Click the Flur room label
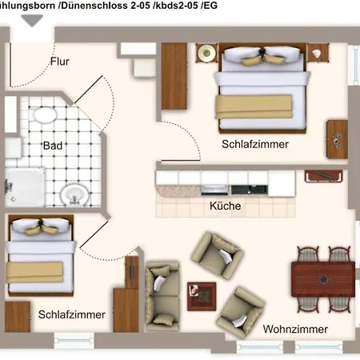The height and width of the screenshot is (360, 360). pyautogui.click(x=60, y=62)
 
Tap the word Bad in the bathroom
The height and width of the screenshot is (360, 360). pyautogui.click(x=53, y=146)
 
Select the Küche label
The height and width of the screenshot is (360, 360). pyautogui.click(x=226, y=206)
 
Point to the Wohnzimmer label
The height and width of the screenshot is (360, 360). pyautogui.click(x=295, y=329)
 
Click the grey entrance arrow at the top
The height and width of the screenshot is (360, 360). pyautogui.click(x=32, y=20)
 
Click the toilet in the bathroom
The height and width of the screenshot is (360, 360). pyautogui.click(x=46, y=114)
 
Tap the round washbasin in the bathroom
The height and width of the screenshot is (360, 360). pyautogui.click(x=75, y=195)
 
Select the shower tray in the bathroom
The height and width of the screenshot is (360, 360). pyautogui.click(x=25, y=187)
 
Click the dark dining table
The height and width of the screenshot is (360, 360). pyautogui.click(x=323, y=279)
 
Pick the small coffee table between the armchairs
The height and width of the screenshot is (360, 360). pyautogui.click(x=202, y=297)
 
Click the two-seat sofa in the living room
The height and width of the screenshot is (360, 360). pyautogui.click(x=162, y=296)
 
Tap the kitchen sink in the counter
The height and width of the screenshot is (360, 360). pyautogui.click(x=250, y=190)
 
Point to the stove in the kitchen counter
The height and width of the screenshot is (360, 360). pyautogui.click(x=214, y=190)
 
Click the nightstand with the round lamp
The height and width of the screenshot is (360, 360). pyautogui.click(x=207, y=53)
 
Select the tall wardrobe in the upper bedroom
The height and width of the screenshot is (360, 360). pyautogui.click(x=174, y=76)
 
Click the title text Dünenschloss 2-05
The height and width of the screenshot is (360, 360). pyautogui.click(x=106, y=6)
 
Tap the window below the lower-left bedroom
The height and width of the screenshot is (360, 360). pyautogui.click(x=74, y=340)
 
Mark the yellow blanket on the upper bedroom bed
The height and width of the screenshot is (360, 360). pyautogui.click(x=254, y=106)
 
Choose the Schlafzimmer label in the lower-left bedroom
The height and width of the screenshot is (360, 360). pyautogui.click(x=72, y=314)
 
